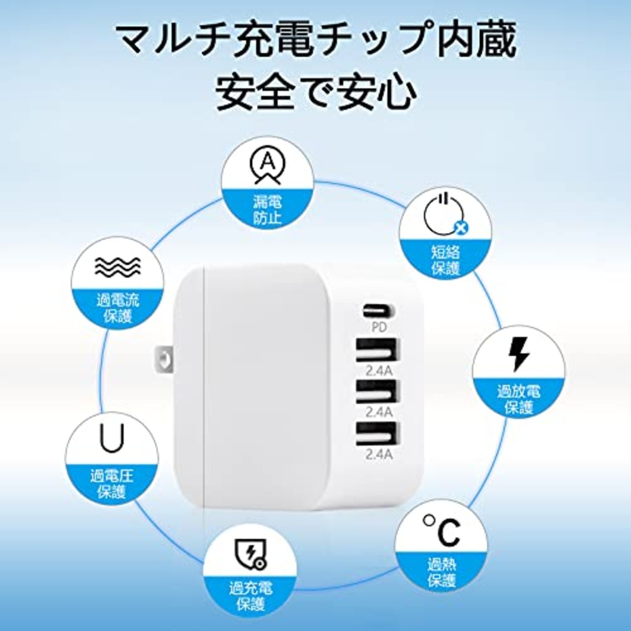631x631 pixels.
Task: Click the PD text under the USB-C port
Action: (379, 326)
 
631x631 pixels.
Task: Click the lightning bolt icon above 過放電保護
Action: (519, 353)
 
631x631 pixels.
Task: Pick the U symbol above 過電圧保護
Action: (112, 438)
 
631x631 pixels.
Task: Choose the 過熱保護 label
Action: (441, 572)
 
